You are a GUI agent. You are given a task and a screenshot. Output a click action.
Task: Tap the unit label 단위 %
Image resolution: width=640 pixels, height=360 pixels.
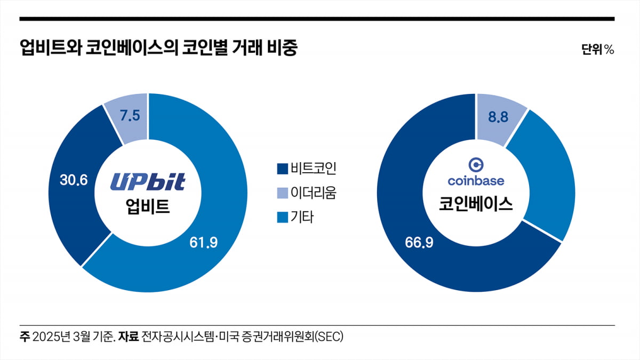(x=597, y=50)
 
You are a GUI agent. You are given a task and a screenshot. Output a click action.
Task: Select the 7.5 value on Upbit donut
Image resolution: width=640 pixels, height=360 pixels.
(x=130, y=116)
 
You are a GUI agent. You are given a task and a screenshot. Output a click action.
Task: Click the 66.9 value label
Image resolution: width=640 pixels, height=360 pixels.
(x=419, y=243)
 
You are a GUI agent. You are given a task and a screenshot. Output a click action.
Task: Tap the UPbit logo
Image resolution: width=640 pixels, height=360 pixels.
(x=148, y=181)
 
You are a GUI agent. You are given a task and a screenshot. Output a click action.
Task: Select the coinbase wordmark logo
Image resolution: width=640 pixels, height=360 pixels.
(x=476, y=181)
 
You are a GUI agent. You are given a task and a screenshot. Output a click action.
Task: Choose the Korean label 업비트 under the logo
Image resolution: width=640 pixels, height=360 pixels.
(x=148, y=205)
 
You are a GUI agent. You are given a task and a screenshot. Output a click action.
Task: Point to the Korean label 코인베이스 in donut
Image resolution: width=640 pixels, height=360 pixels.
(x=476, y=204)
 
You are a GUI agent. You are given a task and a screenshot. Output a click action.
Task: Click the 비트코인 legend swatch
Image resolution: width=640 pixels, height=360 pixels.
(x=282, y=169)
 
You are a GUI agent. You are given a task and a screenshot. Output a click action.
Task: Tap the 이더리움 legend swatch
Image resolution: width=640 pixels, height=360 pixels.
(x=282, y=193)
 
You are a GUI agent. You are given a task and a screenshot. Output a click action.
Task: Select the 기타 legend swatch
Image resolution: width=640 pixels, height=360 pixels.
(x=282, y=217)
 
